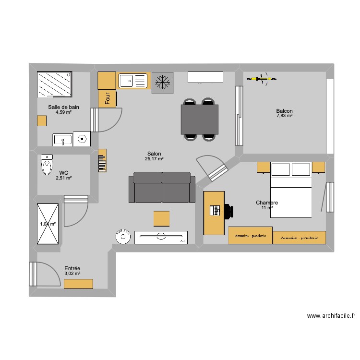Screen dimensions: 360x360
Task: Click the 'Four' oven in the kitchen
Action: tap(108, 98)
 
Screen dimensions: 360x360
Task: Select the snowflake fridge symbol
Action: tap(162, 83)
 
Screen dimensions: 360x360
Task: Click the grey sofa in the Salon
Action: tap(162, 188)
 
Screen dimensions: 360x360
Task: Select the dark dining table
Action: tap(199, 120)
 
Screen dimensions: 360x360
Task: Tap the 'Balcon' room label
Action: tap(284, 111)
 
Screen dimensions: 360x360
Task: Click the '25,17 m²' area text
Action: tap(155, 159)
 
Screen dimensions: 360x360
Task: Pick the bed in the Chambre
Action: tap(291, 190)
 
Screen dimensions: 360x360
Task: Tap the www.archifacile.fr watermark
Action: tap(331, 316)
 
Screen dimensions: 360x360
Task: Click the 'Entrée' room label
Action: tap(72, 269)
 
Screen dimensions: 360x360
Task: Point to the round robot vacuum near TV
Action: tap(123, 237)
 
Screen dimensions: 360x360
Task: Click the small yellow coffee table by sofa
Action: tap(161, 218)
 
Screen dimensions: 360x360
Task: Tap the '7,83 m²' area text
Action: tap(284, 116)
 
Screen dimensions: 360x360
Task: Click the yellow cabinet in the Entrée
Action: tap(78, 284)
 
